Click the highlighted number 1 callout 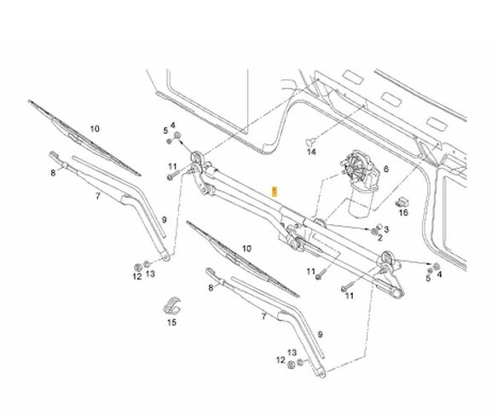click(x=275, y=192)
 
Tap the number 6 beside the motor click(x=385, y=169)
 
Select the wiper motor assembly click(x=360, y=185)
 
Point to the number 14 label click(x=311, y=152)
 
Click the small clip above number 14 click(x=310, y=141)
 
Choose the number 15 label click(x=171, y=322)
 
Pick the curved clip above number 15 click(x=172, y=306)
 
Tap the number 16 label click(x=403, y=212)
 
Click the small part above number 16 click(x=402, y=202)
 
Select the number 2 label click(x=380, y=237)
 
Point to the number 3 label click(x=386, y=229)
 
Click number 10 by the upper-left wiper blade click(x=95, y=129)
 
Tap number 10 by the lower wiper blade click(x=246, y=249)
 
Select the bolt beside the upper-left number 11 click(x=173, y=175)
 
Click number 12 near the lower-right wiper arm click(x=280, y=360)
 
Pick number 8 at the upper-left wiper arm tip click(x=53, y=173)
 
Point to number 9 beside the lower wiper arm click(x=321, y=335)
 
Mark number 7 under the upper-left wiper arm click(x=98, y=196)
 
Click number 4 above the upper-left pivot click(x=173, y=125)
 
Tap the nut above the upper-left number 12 click(x=138, y=267)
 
